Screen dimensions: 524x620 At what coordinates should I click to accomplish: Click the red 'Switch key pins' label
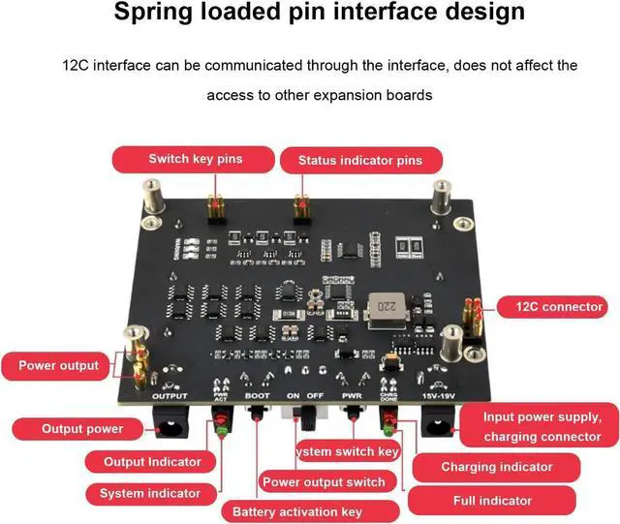195,159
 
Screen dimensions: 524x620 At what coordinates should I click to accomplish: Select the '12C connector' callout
552,307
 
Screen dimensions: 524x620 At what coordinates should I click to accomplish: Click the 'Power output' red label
58,366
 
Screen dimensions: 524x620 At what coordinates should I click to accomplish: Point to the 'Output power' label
81,428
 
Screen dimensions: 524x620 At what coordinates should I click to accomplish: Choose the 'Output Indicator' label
152,462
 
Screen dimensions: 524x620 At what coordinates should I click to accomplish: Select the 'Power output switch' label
324,481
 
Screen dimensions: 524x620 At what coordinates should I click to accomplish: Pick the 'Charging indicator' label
496,467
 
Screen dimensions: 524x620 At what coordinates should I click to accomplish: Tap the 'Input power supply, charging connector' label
542,426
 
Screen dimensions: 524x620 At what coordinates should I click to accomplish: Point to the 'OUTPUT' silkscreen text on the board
170,396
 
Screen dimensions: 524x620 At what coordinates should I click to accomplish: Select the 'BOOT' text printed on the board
258,396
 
